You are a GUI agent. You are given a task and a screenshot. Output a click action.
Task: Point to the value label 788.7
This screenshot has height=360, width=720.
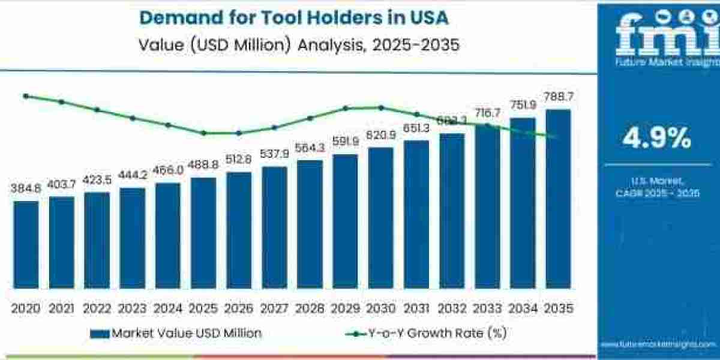coord(558,97)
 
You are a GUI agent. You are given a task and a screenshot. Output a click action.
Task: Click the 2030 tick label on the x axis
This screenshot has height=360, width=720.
coord(380,308)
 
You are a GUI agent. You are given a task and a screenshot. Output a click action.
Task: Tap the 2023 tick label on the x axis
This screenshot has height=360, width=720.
coord(132,308)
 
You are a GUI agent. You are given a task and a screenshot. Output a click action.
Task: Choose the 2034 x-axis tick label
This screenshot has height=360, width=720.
coord(523,308)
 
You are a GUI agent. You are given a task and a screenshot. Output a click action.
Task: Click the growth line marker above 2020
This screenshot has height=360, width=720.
coord(26,96)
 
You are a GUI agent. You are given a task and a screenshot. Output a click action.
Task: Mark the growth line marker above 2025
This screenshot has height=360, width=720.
coord(203,133)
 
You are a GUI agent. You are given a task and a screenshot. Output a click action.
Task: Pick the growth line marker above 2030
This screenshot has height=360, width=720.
coord(381,107)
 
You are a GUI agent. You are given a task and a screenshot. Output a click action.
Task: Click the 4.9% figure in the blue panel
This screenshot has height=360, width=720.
coord(656,139)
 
